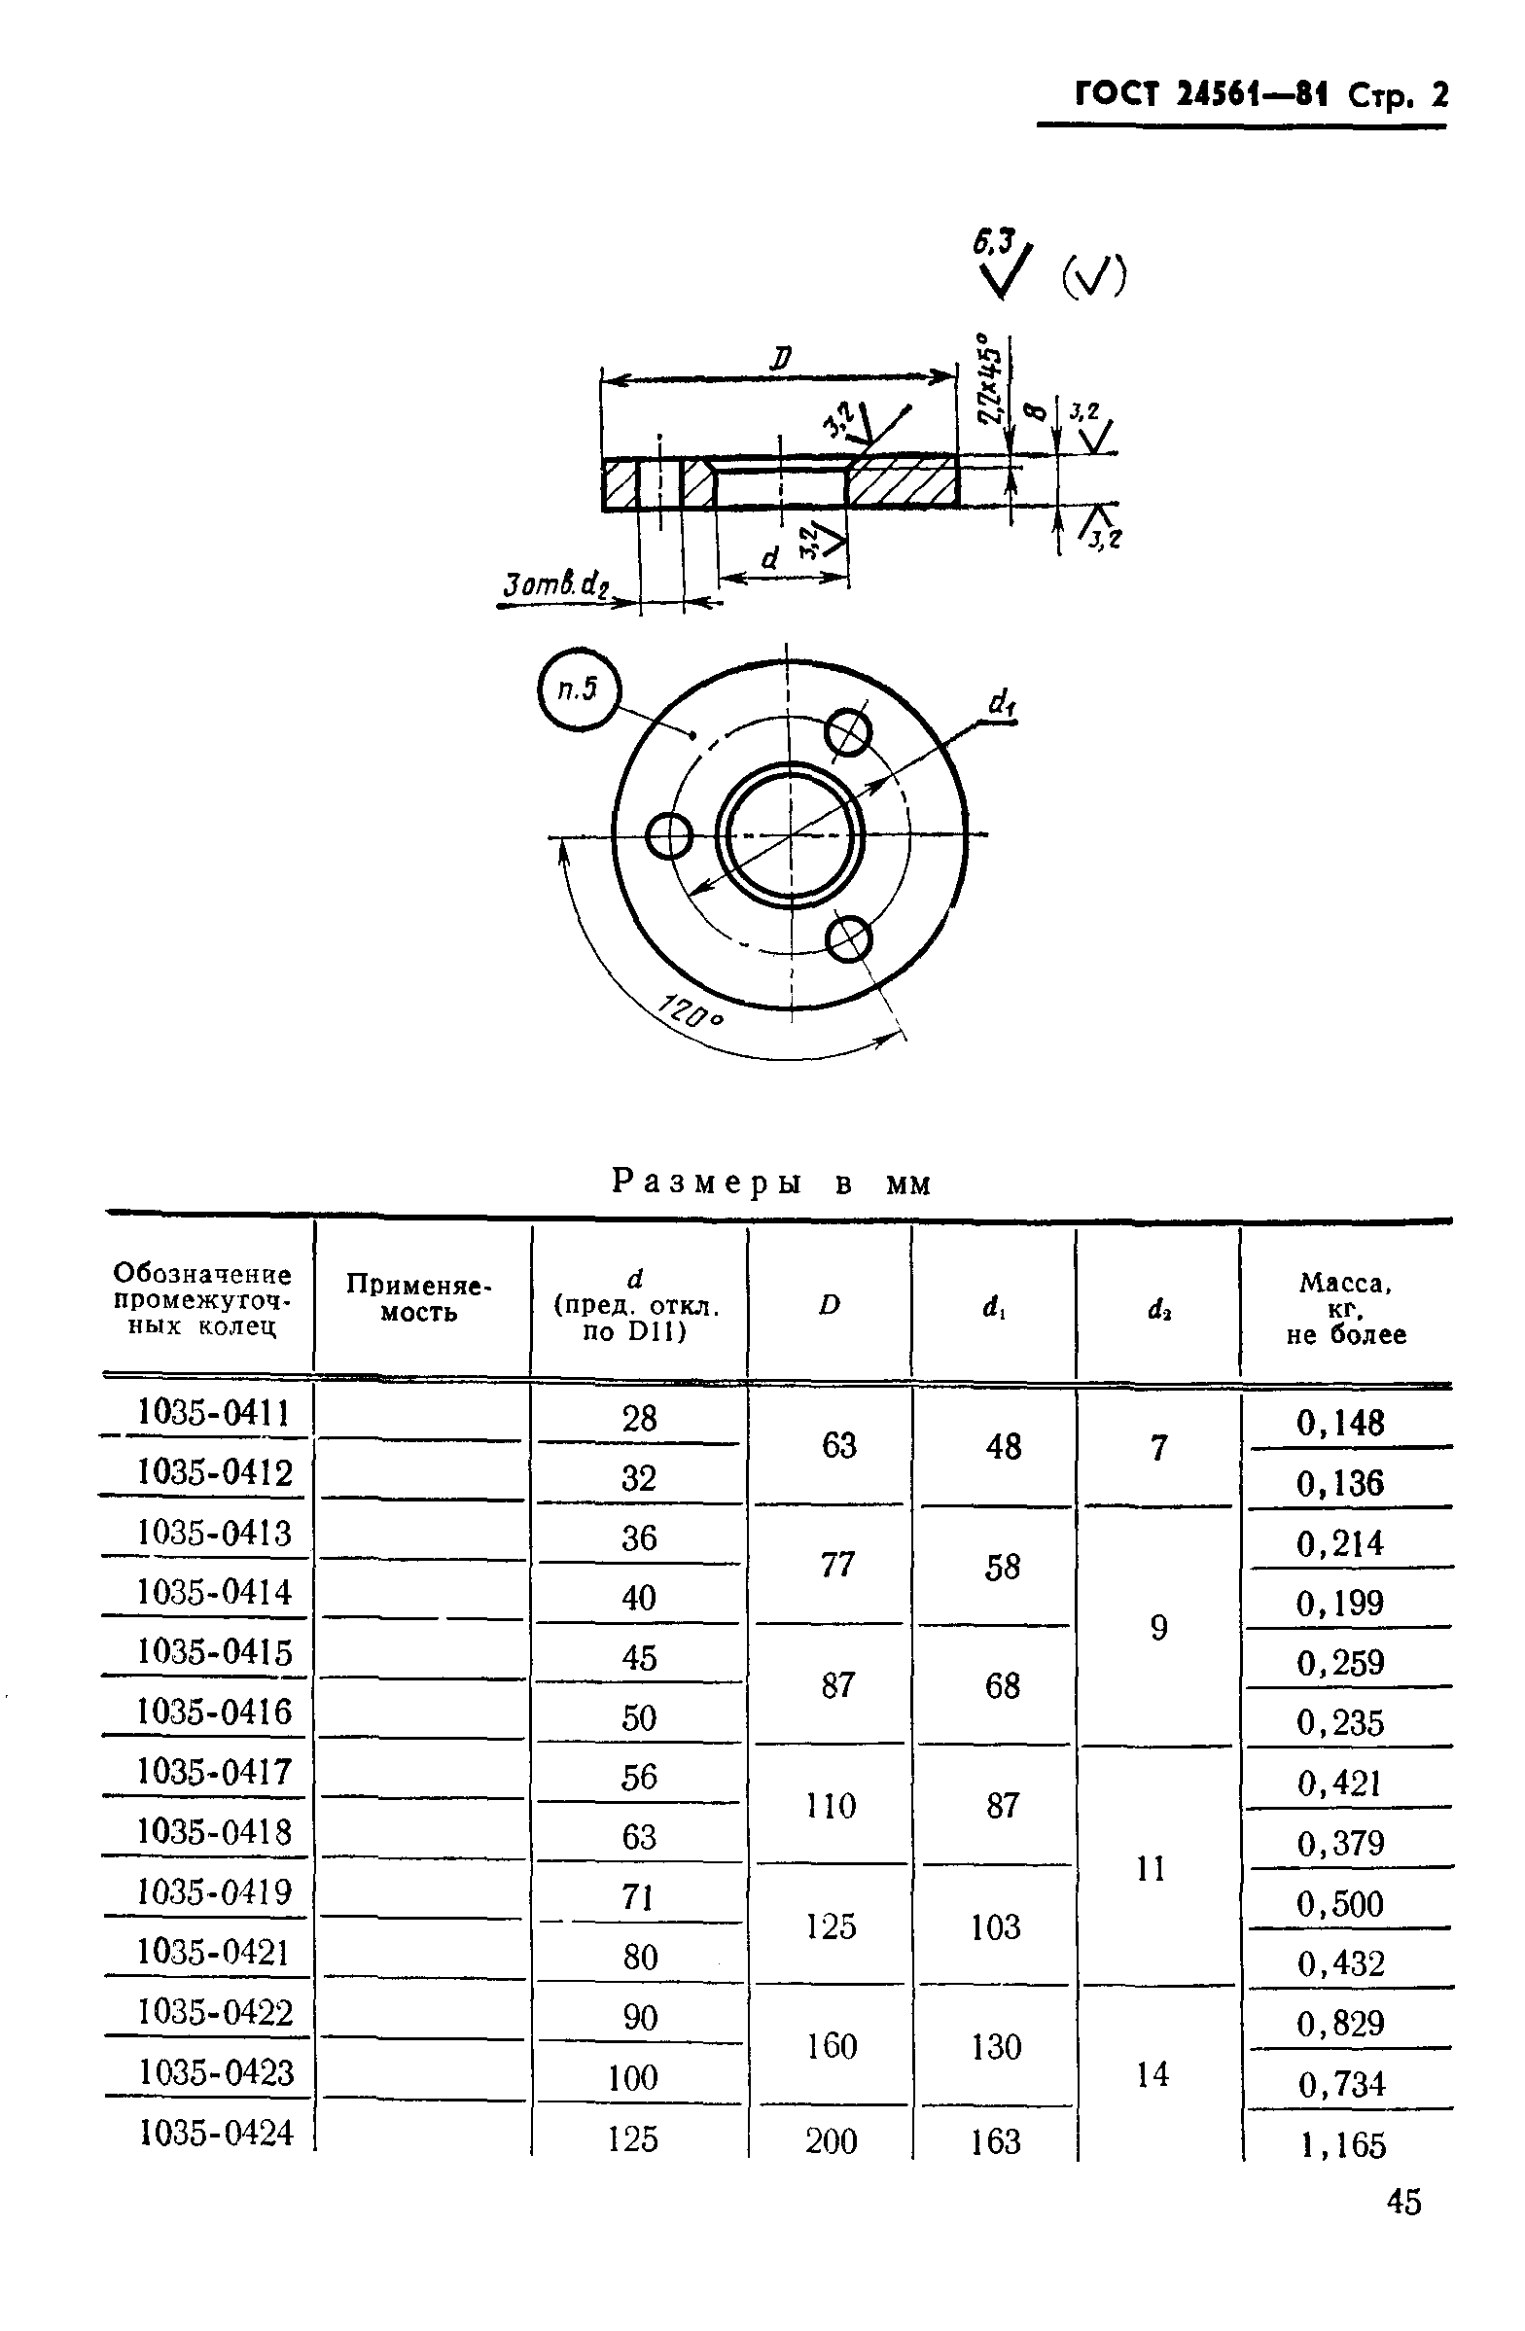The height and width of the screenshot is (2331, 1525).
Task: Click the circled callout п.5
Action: [x=579, y=689]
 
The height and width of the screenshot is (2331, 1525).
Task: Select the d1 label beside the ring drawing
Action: [x=1001, y=701]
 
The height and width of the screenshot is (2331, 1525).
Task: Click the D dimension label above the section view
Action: [x=780, y=360]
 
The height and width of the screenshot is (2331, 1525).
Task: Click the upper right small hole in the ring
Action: [x=847, y=731]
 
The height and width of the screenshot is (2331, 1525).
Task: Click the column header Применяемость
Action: [x=418, y=1297]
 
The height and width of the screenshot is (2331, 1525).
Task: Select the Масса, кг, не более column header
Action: [x=1346, y=1308]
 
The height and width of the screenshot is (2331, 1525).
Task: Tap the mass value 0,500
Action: [x=1340, y=1904]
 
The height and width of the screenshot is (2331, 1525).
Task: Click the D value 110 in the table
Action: [x=831, y=1805]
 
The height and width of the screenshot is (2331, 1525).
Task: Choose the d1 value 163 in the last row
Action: [x=995, y=2142]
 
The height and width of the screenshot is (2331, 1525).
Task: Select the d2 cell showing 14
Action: [x=1153, y=2073]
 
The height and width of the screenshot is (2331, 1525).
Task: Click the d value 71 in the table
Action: [x=638, y=1897]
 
